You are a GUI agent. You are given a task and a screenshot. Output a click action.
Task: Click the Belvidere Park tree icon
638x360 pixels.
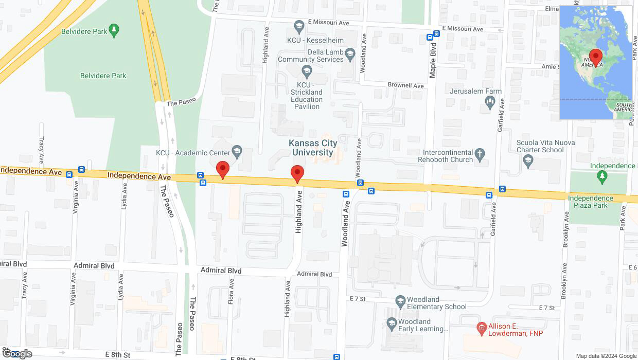(114, 30)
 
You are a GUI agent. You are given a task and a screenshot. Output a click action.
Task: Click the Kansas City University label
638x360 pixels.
(311, 148)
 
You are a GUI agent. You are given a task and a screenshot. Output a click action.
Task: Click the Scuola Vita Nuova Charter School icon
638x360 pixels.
(527, 160)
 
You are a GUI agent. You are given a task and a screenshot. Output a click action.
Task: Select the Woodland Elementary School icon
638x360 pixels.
(400, 300)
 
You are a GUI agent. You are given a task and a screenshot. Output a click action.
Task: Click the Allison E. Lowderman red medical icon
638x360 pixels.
(482, 327)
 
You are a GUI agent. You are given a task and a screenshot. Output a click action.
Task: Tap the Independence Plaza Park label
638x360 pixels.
(590, 202)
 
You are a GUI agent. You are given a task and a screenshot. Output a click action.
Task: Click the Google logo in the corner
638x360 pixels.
(17, 354)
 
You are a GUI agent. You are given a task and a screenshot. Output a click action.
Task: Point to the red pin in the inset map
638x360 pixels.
(596, 57)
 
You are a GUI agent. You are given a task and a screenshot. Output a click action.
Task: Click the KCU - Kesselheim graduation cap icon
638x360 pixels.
(299, 25)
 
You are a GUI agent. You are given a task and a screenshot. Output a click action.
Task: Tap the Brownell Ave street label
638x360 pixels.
(405, 85)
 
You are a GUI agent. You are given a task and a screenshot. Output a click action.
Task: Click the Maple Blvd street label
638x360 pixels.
(433, 61)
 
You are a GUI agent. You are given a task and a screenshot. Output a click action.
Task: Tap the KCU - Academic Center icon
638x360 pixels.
(237, 151)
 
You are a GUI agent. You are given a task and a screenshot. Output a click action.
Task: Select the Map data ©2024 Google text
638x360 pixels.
(606, 356)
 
